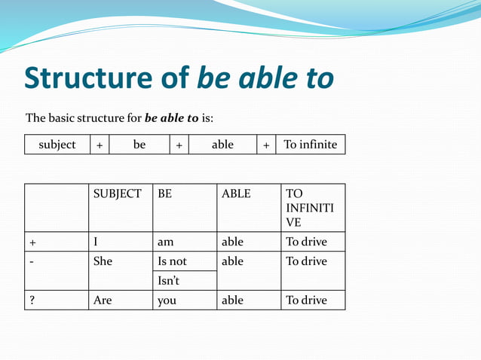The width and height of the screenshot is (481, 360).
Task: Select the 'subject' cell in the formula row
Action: (57, 144)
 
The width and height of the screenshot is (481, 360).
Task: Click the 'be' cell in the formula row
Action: (139, 144)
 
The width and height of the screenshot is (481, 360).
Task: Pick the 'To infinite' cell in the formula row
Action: (311, 144)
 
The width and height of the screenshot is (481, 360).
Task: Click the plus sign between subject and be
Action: (100, 145)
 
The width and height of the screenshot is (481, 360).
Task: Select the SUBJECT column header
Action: (118, 194)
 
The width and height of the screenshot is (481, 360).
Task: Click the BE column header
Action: (165, 194)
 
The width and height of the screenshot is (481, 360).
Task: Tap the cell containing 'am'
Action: (166, 242)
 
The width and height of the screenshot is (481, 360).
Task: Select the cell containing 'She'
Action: (103, 261)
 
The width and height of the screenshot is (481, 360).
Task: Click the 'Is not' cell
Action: (172, 261)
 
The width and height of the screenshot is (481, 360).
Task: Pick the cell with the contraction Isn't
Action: (169, 281)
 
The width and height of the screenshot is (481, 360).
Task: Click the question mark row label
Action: (32, 300)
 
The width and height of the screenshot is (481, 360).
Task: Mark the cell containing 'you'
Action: (167, 300)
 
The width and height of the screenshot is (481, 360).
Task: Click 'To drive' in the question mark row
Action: (306, 300)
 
